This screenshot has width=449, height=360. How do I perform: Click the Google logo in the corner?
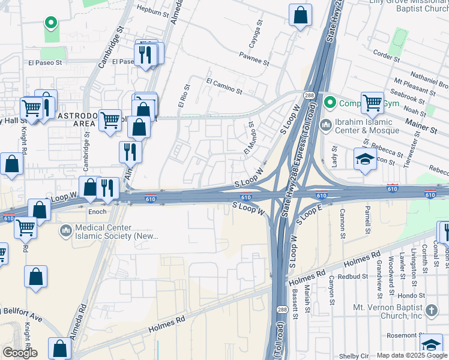(x=19, y=352)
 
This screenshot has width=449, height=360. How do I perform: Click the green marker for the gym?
(x=330, y=103)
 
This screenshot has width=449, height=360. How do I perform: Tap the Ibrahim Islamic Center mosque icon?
(x=326, y=126)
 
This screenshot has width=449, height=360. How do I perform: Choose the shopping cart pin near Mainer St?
(x=372, y=103)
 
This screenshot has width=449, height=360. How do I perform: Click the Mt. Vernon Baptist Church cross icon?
(x=431, y=310)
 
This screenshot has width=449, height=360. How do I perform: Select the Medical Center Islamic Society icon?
(x=65, y=230)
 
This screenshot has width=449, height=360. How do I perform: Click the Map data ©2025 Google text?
(x=411, y=355)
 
